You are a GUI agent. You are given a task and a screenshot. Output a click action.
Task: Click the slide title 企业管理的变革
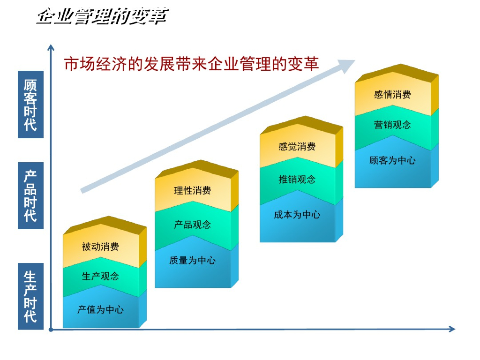[x=102, y=17]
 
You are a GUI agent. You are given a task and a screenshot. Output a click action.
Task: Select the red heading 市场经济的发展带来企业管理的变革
[x=191, y=64]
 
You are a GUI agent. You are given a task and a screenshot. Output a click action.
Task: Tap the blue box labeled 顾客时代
[x=30, y=105]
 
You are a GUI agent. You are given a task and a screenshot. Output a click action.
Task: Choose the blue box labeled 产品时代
[x=30, y=195]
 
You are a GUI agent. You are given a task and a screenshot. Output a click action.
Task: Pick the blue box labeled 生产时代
[x=30, y=296]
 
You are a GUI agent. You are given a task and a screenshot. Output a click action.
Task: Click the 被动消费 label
[x=100, y=247]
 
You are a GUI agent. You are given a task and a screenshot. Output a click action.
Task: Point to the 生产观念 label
[x=100, y=276]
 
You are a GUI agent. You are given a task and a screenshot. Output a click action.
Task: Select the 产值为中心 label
[x=100, y=310]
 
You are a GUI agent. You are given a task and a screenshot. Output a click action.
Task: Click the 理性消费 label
[x=192, y=191]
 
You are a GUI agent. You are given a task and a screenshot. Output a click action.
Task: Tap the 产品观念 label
[x=192, y=225]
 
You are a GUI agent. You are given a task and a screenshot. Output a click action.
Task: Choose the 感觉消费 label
[x=297, y=147]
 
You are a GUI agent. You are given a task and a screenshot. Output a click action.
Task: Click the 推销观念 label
[x=297, y=179]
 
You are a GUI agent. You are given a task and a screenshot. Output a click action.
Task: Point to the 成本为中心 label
[x=297, y=215]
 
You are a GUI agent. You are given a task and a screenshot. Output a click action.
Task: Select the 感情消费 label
[x=392, y=95]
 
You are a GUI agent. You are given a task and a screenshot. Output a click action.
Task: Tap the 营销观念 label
[x=392, y=125]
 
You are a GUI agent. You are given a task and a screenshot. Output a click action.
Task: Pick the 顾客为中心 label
[x=392, y=161]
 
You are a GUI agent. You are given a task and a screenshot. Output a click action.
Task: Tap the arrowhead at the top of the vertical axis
[x=50, y=47]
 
